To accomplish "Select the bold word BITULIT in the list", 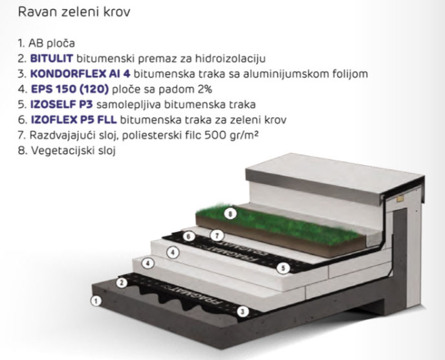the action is click(52, 58).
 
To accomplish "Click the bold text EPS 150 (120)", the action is click(70, 89).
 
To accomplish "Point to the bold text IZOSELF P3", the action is click(61, 104).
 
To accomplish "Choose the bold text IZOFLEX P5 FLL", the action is click(74, 120).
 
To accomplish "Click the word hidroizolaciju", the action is click(230, 58).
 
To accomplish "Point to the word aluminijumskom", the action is click(288, 74).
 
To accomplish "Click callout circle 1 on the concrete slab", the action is click(96, 301).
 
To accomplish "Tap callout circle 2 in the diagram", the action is click(122, 282).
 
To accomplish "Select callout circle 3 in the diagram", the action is click(243, 311).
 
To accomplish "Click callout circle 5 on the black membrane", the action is click(283, 268).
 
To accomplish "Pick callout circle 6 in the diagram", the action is click(189, 236).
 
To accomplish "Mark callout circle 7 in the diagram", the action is click(217, 236).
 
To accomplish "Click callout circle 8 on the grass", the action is click(230, 214).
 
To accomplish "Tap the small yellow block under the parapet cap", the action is click(400, 199).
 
